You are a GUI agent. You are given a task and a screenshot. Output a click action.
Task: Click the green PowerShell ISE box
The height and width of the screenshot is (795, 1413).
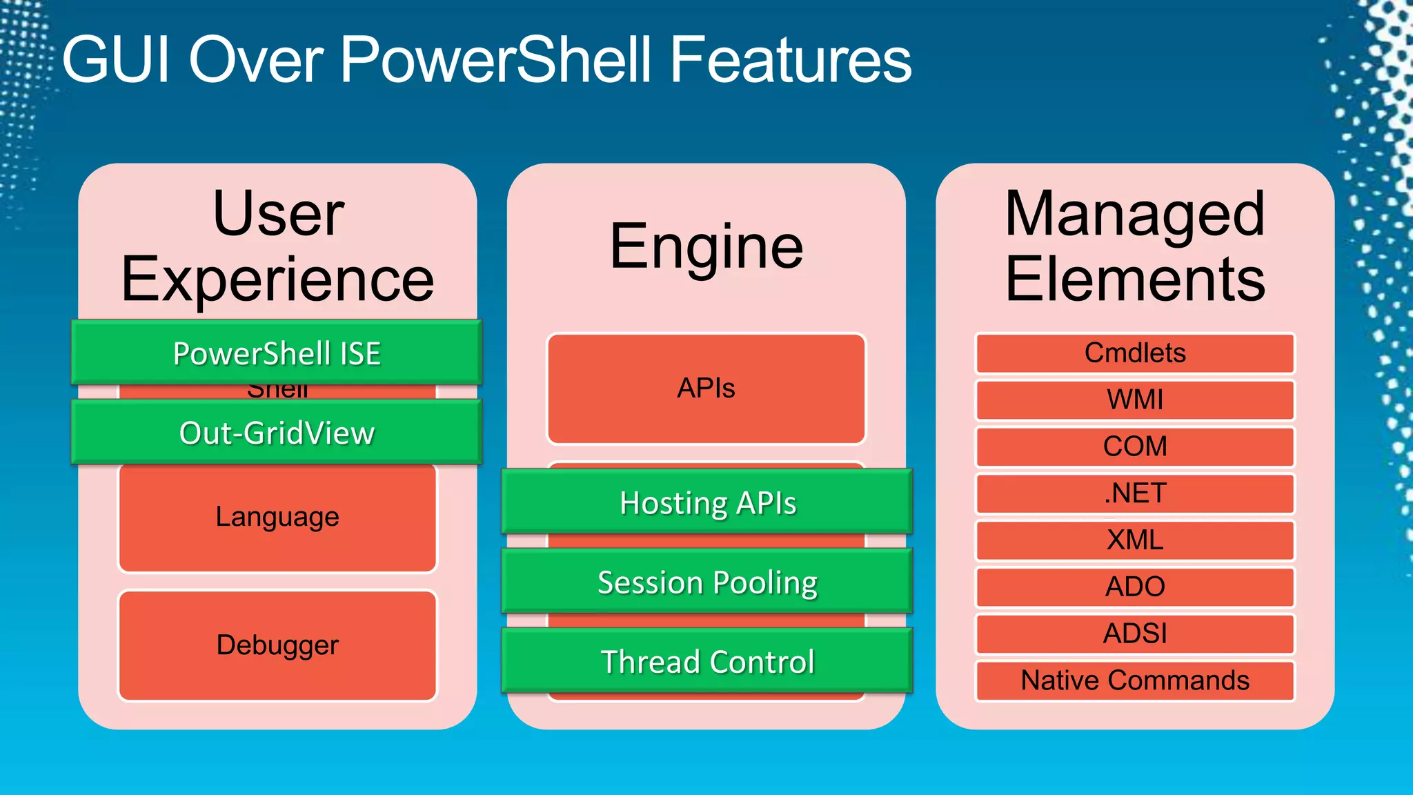(277, 353)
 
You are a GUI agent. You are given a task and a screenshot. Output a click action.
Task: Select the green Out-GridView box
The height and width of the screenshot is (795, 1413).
(277, 433)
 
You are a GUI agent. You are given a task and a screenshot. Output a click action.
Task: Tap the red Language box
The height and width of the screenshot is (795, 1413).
(277, 518)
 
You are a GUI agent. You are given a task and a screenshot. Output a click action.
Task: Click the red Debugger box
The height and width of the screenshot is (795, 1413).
(277, 645)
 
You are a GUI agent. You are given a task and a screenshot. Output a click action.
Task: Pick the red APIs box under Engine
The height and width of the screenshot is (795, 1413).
(706, 389)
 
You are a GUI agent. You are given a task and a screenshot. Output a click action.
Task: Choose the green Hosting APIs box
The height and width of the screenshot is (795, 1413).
(707, 502)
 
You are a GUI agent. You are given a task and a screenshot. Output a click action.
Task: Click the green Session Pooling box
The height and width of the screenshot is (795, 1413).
(707, 582)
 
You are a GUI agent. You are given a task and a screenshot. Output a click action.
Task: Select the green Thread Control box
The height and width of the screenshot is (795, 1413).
(707, 661)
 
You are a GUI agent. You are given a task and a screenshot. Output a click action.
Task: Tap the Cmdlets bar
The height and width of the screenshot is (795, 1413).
(1135, 353)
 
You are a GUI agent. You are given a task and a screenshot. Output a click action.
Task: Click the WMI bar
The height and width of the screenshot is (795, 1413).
(1135, 400)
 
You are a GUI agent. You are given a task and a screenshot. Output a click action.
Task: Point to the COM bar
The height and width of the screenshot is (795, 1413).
(1135, 446)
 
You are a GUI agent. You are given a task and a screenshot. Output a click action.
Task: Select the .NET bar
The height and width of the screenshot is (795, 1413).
(1135, 493)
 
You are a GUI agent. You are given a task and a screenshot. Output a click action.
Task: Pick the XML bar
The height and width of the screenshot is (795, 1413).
(1135, 540)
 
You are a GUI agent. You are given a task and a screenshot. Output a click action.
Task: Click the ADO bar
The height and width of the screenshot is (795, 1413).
(1135, 587)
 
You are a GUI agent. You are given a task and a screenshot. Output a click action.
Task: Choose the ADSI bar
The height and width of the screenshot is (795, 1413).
(1135, 634)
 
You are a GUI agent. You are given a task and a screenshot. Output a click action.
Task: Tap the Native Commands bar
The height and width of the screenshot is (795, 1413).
(1135, 680)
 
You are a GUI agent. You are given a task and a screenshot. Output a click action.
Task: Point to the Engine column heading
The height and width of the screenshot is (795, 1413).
(706, 246)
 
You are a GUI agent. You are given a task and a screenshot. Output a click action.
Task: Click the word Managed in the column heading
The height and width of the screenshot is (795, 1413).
(1135, 214)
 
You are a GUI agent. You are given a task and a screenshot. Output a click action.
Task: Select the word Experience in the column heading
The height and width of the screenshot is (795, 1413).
(277, 279)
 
